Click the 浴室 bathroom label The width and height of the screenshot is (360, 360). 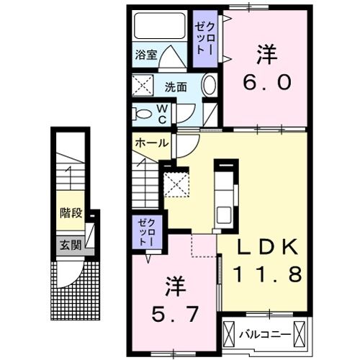coord(148,54)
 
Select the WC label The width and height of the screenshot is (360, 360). coord(162,114)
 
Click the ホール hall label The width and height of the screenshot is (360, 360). coord(151,143)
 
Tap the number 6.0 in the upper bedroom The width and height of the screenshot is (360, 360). coord(266,83)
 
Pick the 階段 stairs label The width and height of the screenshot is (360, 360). coord(71,214)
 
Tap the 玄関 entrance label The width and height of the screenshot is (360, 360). coord(70,245)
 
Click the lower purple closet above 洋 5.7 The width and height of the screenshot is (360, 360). coord(146,232)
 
